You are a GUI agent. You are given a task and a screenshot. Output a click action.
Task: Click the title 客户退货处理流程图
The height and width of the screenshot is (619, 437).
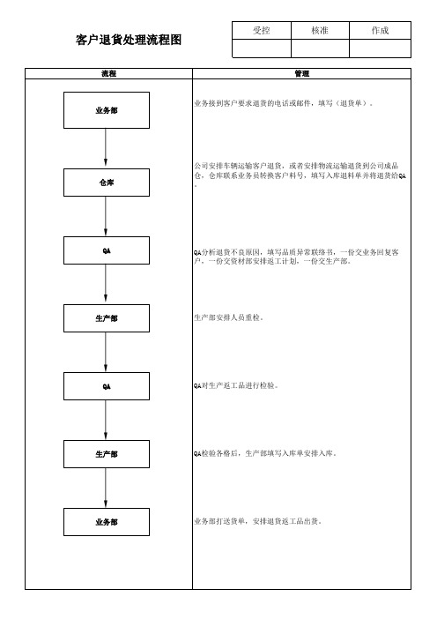tap(129, 40)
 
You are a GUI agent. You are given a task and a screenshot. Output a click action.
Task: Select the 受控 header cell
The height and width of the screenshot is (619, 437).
tap(262, 30)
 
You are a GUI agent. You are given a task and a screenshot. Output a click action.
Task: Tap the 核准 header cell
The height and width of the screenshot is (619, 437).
tap(320, 30)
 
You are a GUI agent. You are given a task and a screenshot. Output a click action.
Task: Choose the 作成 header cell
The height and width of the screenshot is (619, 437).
tap(381, 30)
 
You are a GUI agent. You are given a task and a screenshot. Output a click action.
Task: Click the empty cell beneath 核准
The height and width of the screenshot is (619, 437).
tap(320, 48)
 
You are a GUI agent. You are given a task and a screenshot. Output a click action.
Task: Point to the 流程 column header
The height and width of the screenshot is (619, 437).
tap(109, 74)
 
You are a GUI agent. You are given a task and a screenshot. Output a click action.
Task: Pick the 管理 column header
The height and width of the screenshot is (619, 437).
tap(301, 74)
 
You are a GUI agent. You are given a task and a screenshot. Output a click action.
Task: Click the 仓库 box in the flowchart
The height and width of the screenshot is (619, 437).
tap(107, 183)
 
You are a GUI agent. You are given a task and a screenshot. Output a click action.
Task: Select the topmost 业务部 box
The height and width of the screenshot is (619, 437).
tap(107, 110)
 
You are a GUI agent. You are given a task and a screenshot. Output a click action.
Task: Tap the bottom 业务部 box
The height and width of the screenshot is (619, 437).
tap(107, 522)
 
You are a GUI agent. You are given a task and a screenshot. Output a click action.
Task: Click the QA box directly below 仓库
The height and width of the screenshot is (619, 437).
tap(107, 250)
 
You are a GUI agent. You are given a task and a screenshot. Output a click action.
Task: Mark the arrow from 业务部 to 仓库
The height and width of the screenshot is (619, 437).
tap(106, 148)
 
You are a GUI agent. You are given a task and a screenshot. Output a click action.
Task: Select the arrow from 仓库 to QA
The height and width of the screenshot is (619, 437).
tap(106, 216)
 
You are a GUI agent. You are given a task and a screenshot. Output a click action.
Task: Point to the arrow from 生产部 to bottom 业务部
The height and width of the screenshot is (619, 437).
tap(106, 488)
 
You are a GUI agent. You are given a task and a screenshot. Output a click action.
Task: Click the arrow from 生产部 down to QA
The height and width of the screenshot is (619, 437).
tap(106, 352)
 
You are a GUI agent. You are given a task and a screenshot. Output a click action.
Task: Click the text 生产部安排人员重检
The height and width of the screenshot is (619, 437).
tap(229, 317)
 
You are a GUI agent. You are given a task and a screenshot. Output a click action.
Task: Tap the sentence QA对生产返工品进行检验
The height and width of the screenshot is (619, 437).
tap(236, 385)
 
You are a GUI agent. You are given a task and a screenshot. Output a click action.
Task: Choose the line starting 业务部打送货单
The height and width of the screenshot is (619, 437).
tap(258, 521)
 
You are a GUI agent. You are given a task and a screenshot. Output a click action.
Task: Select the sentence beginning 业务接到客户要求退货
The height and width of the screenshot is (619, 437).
tap(283, 103)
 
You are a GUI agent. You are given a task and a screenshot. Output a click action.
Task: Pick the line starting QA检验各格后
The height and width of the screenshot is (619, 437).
tap(265, 453)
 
